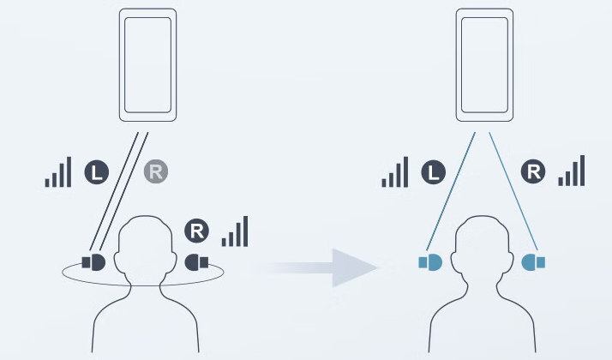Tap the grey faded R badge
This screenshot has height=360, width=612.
click(x=156, y=171)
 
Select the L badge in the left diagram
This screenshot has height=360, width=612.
click(x=96, y=171)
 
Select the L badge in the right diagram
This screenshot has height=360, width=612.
click(x=433, y=171)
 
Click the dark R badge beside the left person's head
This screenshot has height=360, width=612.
click(x=196, y=231)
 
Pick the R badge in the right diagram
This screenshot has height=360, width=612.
click(x=533, y=171)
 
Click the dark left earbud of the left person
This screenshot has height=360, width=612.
click(x=93, y=262)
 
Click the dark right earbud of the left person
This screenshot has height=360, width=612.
click(x=196, y=262)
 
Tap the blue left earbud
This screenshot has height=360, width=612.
click(x=430, y=262)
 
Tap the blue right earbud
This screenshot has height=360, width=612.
click(x=533, y=262)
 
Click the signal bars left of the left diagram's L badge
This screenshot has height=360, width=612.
click(x=58, y=171)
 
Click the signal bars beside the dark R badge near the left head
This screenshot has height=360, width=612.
click(x=235, y=231)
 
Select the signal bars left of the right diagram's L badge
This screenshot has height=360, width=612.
click(x=395, y=171)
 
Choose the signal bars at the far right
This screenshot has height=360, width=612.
click(x=572, y=171)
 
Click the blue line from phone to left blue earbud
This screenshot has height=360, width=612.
click(x=451, y=191)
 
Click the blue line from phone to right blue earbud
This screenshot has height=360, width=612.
click(x=513, y=191)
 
